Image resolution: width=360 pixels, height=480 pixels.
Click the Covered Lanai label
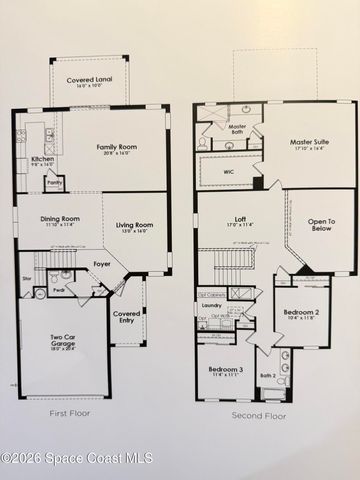coord(88,81)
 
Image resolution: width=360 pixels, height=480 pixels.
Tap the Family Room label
coord(115,148)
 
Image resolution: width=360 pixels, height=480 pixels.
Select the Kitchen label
coord(42,159)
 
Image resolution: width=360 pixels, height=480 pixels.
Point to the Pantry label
coord(55,182)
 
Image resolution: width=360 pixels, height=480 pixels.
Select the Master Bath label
coord(237,128)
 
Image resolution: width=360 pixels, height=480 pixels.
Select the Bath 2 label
coord(266,376)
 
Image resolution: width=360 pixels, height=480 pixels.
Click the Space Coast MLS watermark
coord(77,458)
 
